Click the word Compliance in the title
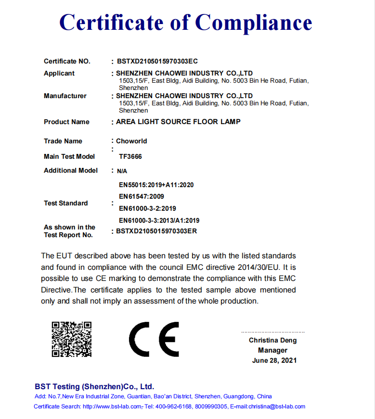(x=253, y=23)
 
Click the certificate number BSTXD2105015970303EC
(x=157, y=61)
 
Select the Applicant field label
(x=59, y=73)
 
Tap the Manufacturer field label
(x=65, y=96)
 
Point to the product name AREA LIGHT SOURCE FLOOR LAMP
(x=178, y=122)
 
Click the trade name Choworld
(x=131, y=141)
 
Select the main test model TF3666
(x=130, y=156)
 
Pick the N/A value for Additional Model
(x=122, y=171)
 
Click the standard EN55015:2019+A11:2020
(x=156, y=185)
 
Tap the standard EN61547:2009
(x=142, y=196)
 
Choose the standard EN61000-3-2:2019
(x=147, y=208)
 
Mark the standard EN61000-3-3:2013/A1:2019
(x=159, y=220)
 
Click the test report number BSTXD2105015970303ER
(x=156, y=231)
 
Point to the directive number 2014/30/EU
(x=259, y=267)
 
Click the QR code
(x=72, y=339)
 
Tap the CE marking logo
(x=154, y=339)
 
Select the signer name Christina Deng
(x=272, y=340)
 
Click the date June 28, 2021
(x=274, y=360)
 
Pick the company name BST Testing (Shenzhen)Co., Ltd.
(x=94, y=386)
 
